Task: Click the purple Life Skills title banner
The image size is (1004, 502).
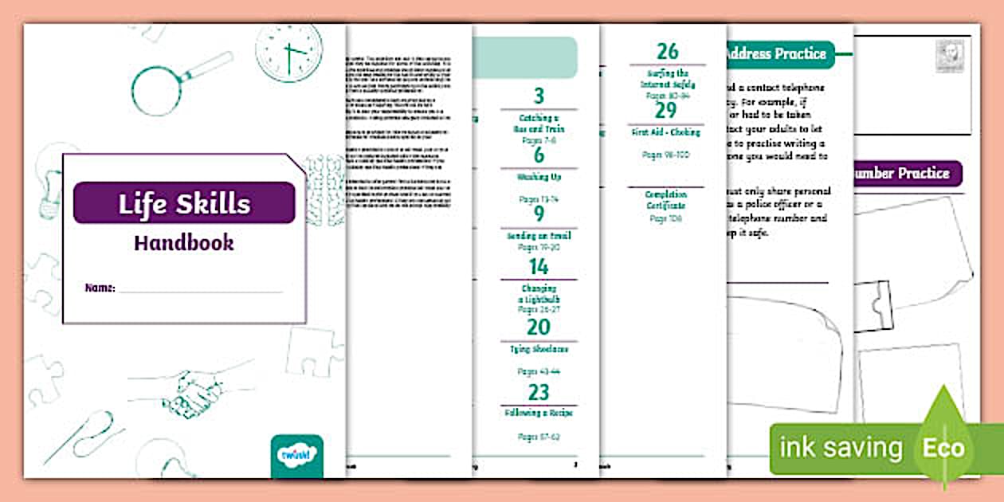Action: coord(184,203)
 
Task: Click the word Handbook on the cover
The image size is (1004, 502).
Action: coord(184,243)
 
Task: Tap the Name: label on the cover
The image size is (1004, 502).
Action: coord(100,288)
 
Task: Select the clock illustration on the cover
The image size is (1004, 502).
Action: coord(289,52)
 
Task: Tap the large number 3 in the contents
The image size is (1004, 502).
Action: coord(539,96)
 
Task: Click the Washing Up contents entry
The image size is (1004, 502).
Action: coord(539,178)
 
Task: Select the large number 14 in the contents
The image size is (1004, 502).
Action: coord(539,267)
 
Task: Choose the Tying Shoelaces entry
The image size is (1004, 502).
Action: coord(539,349)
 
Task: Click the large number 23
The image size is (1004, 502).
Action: coord(539,392)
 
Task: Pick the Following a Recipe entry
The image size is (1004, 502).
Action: coord(539,414)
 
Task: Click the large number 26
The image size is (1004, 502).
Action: coord(667,52)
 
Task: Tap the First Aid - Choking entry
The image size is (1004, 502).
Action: coord(666,132)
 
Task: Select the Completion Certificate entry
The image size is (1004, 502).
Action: coord(666,200)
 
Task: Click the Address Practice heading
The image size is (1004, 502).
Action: coord(776,54)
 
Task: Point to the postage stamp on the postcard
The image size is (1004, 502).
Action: coord(949,58)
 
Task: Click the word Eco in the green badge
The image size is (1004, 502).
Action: coord(943,448)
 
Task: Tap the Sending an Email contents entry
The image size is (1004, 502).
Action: coord(539,236)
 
